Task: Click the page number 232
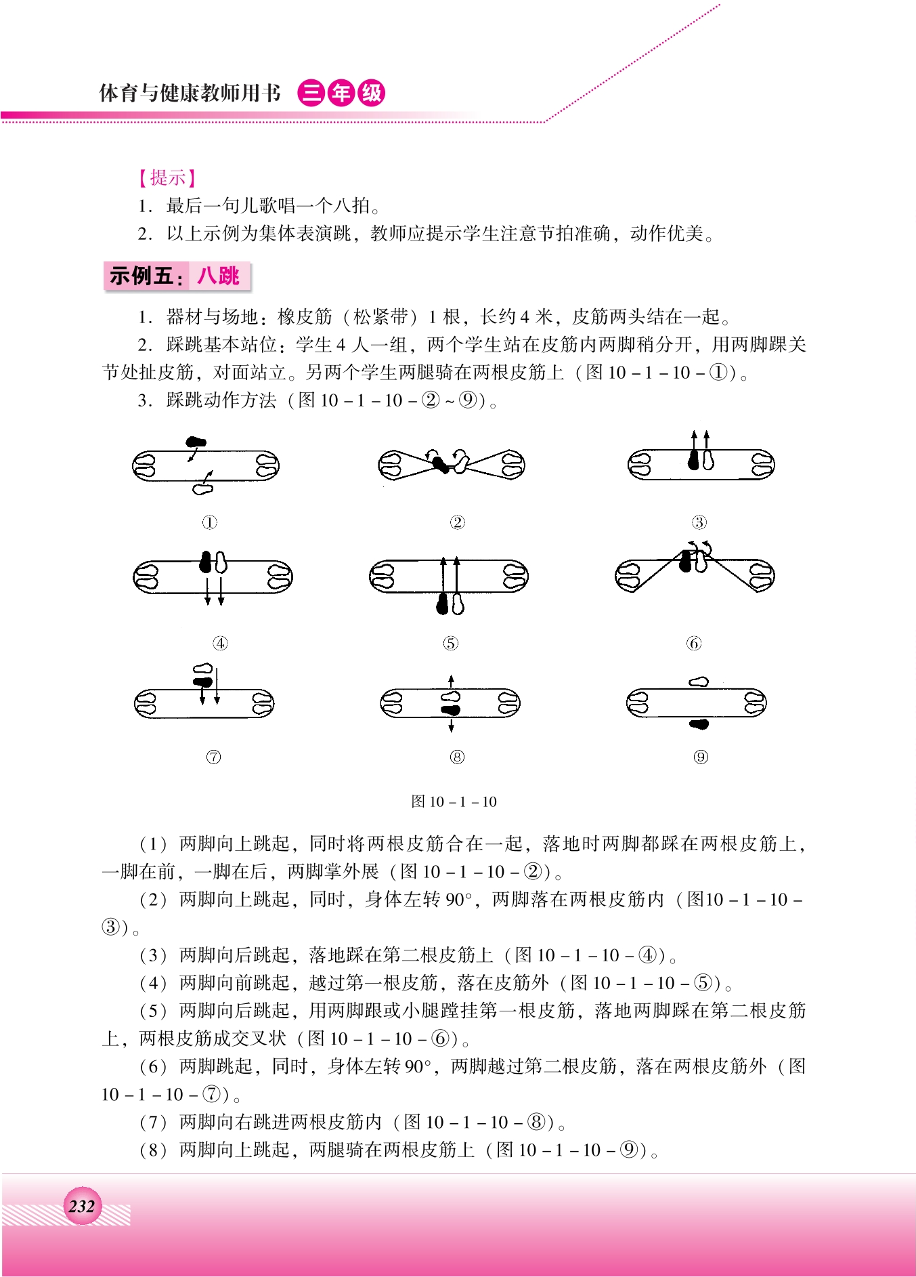82,1206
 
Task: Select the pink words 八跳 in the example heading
219,276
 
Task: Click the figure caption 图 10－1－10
454,801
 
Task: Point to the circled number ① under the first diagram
210,522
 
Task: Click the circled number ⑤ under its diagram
451,644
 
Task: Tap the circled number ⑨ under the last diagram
701,757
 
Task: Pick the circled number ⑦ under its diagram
213,757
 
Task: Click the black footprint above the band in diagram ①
196,442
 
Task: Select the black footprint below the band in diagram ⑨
699,724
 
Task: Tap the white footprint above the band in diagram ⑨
699,682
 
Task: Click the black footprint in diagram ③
693,460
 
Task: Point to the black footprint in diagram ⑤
443,604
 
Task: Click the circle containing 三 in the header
311,93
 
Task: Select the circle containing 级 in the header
371,93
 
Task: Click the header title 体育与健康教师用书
190,93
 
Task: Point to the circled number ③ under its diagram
699,522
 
